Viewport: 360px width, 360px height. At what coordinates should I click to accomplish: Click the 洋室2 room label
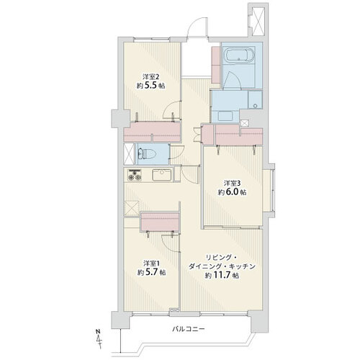coord(150,77)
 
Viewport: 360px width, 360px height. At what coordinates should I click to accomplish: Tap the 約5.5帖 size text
coord(150,86)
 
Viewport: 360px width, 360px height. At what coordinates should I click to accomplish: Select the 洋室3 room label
coord(232,184)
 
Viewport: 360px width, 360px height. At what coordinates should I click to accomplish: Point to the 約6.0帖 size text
coord(232,192)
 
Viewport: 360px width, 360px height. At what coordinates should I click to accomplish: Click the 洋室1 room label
coord(151,264)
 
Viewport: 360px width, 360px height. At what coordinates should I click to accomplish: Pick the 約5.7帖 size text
coord(151,272)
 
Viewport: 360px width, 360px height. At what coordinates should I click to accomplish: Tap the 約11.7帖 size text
coord(222,276)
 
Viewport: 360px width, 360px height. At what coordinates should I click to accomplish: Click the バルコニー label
coord(189,328)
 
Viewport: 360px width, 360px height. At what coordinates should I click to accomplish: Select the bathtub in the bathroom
coord(238,55)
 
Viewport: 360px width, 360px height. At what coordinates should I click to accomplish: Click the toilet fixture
coord(144,153)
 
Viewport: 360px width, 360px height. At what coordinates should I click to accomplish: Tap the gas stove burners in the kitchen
coord(135,175)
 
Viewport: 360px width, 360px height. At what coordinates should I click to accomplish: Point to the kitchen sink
coord(162,175)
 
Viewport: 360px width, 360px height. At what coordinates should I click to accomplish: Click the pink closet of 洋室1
coord(160,221)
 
